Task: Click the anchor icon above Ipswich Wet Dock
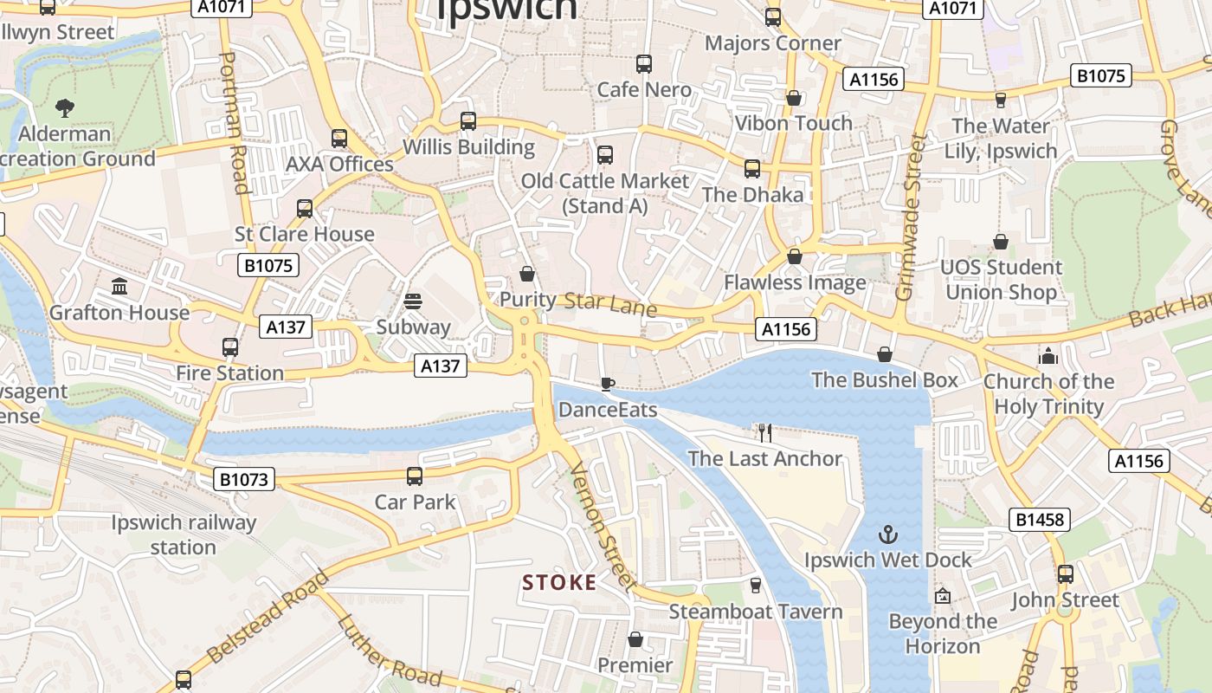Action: (888, 534)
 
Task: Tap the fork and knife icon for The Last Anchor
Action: (764, 433)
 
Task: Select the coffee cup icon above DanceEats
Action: (608, 384)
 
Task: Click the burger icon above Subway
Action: (413, 301)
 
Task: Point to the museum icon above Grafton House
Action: (119, 287)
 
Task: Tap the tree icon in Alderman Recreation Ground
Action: (64, 108)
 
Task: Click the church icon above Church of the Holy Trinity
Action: (1048, 356)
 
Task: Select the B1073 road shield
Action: (244, 479)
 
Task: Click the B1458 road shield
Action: (1040, 520)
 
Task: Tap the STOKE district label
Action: (559, 583)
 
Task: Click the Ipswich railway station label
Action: (184, 535)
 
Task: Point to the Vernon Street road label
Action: (603, 527)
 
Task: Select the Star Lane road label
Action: (610, 305)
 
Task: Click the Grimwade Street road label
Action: (912, 217)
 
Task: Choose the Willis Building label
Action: (468, 146)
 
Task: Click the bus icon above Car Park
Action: (415, 476)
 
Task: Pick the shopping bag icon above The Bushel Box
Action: (885, 354)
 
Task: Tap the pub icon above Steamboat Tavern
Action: (755, 586)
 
